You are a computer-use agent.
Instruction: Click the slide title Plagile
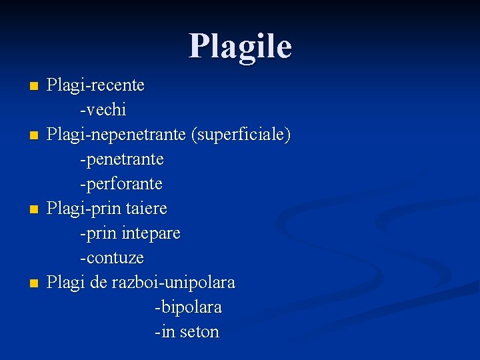(x=240, y=47)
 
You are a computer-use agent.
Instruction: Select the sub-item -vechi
(x=103, y=109)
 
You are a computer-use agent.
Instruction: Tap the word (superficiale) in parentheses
(x=241, y=135)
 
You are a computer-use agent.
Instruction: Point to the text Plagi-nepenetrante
(x=117, y=135)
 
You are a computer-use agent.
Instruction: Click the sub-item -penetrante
(x=121, y=160)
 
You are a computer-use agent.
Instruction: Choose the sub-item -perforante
(x=121, y=183)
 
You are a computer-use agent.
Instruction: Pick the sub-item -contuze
(x=111, y=257)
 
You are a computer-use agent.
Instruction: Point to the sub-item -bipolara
(x=188, y=307)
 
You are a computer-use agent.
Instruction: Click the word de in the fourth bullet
(x=98, y=283)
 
